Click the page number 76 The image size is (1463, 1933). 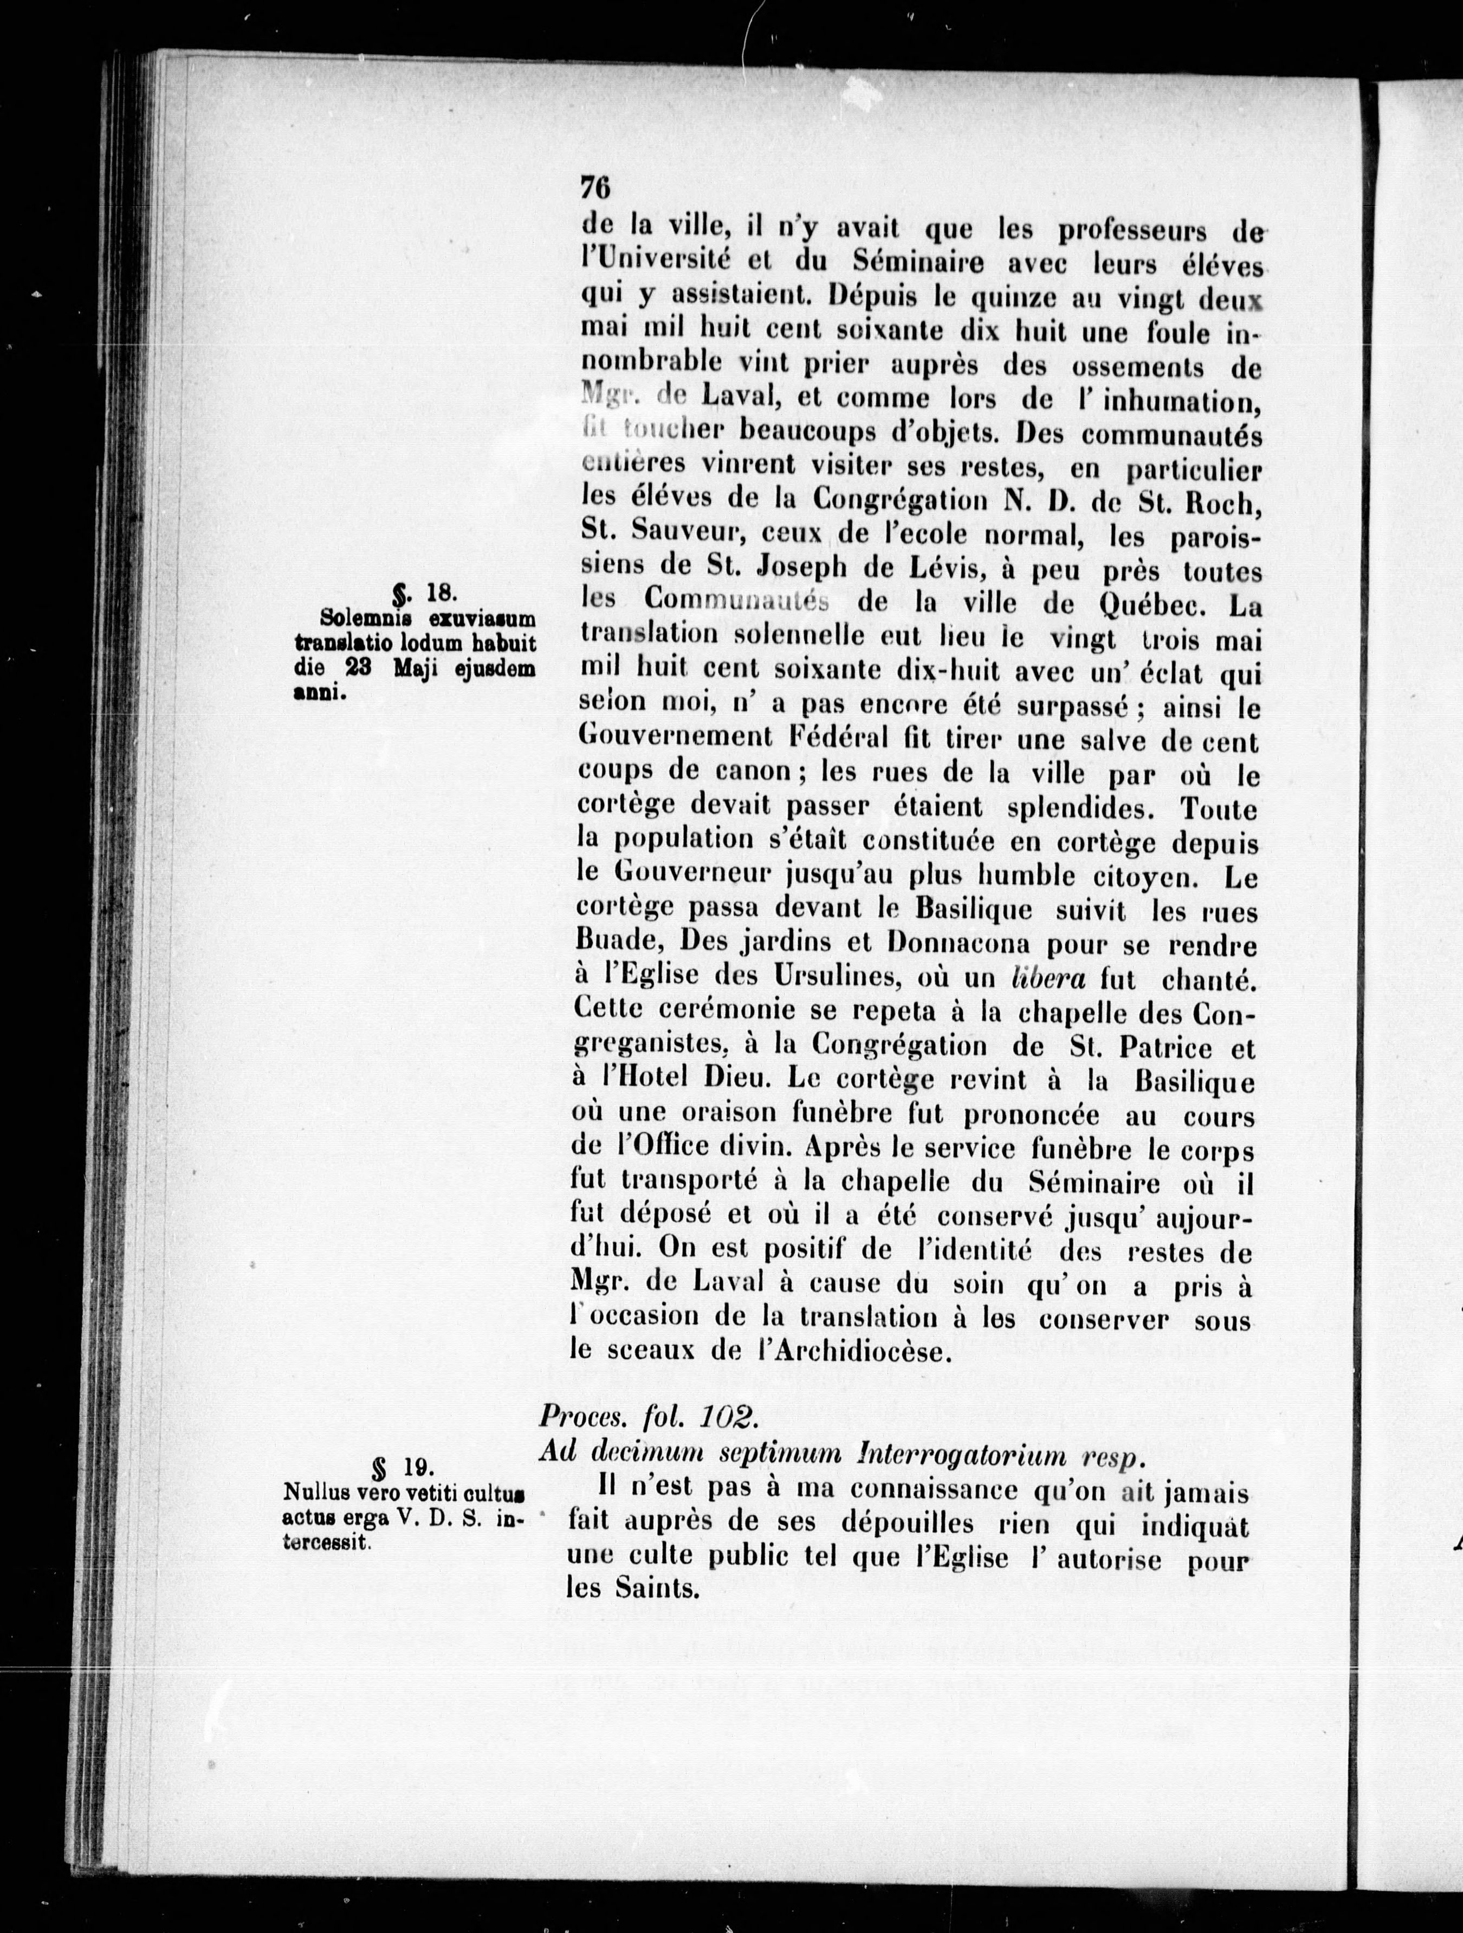click(594, 189)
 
